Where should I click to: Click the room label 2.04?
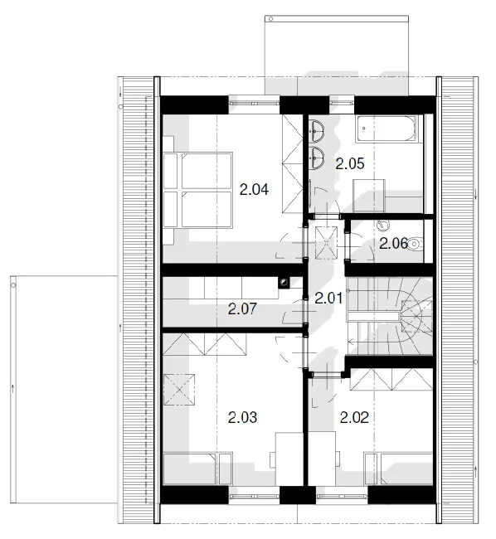254,189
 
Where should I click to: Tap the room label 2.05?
350,163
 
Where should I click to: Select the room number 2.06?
394,244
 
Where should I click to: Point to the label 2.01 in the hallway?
329,298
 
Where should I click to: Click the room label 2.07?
242,309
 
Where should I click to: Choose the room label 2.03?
242,417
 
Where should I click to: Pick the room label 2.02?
354,417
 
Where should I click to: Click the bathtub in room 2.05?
386,129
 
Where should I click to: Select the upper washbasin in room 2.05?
316,131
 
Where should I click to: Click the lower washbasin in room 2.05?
316,158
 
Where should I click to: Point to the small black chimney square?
284,283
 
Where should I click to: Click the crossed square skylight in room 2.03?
179,390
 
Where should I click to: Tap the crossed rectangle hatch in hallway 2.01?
327,242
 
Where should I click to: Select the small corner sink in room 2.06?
383,226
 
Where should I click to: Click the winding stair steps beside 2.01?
390,316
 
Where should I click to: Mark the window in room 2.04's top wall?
255,103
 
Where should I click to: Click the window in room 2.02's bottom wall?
342,496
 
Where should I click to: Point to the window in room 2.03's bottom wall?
255,496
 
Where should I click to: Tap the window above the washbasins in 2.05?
342,103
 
